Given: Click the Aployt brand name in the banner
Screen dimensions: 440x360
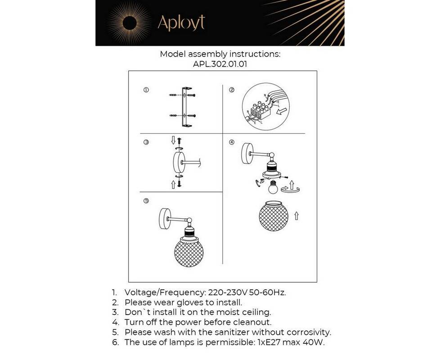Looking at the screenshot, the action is [x=181, y=23].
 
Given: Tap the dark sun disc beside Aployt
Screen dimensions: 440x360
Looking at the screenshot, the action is [x=130, y=23].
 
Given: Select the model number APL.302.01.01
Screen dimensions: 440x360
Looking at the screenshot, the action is [x=220, y=64].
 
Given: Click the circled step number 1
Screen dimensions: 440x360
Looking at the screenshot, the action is [x=146, y=90].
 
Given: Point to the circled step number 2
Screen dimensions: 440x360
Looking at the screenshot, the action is [x=232, y=90].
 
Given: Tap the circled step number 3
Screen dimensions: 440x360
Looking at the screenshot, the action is [x=146, y=142].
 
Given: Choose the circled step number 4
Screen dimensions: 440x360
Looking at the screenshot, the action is [x=232, y=142].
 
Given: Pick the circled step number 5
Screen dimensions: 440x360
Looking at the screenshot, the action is [x=146, y=201].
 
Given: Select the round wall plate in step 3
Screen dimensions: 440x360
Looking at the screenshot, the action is [x=179, y=162].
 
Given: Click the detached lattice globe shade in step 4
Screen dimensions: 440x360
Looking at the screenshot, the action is [x=274, y=216].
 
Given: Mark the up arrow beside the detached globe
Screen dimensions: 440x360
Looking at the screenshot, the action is [x=296, y=216].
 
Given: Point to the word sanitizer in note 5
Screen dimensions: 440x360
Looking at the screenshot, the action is [x=232, y=332].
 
